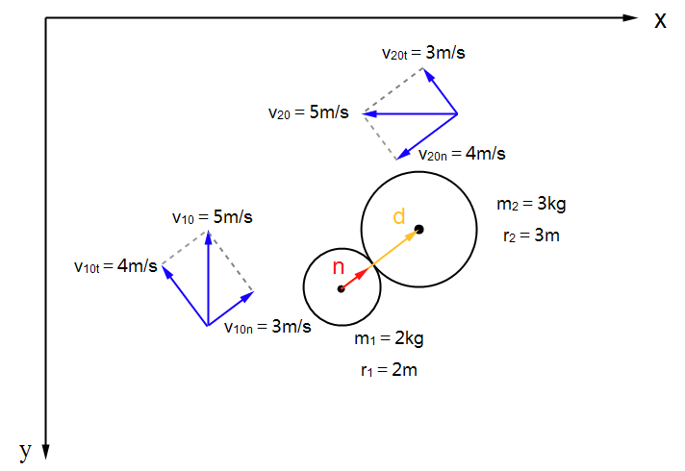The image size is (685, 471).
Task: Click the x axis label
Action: [660, 20]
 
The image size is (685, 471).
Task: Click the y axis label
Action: [26, 450]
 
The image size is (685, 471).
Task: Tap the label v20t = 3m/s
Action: [423, 53]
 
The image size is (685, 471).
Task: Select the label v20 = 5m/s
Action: [308, 112]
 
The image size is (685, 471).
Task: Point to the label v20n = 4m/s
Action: [462, 154]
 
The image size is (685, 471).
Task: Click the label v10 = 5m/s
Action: [213, 217]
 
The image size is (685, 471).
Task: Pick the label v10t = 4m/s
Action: [115, 266]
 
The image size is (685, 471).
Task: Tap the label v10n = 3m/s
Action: [267, 327]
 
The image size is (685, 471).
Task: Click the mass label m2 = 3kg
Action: [530, 204]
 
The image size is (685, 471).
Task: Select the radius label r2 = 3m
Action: [530, 235]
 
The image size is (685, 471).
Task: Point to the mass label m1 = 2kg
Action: [389, 338]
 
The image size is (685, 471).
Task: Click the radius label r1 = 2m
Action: [389, 369]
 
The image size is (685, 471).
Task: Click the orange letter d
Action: [398, 215]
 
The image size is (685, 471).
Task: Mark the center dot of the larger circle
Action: [419, 229]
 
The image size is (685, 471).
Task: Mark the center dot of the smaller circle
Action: [341, 288]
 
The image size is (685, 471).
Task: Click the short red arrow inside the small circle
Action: [355, 279]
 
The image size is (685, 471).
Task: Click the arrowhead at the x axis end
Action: [630, 18]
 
